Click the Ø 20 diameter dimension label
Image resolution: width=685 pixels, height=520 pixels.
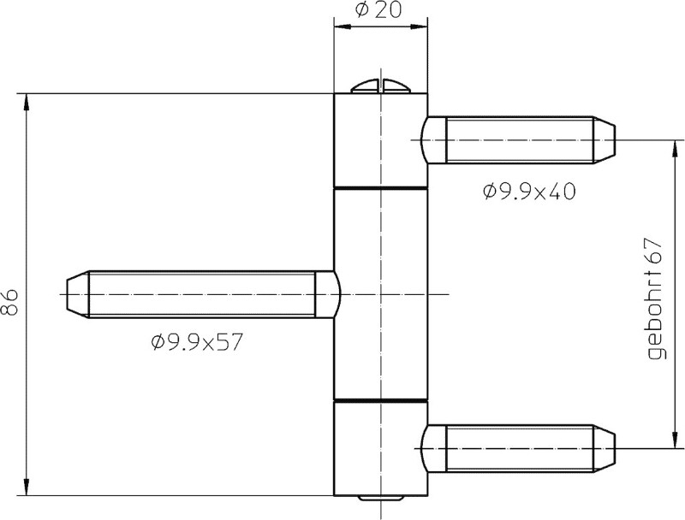click(x=378, y=9)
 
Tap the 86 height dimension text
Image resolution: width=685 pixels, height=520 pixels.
click(x=9, y=302)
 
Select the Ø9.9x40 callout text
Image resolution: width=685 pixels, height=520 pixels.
click(x=529, y=191)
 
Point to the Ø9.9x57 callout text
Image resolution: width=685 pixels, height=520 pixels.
click(x=197, y=342)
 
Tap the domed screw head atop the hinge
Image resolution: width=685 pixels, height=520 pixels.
click(x=380, y=86)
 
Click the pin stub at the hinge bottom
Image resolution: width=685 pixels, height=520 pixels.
click(x=380, y=498)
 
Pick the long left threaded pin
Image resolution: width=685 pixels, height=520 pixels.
click(x=203, y=294)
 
